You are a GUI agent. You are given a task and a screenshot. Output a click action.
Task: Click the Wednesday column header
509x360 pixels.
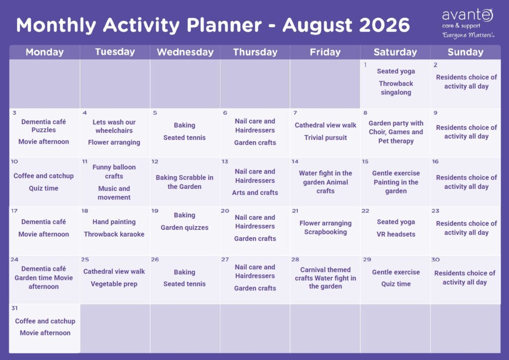185,52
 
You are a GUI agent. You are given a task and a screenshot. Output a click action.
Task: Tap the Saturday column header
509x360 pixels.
395,52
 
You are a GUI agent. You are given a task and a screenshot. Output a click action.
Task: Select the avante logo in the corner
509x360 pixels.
467,23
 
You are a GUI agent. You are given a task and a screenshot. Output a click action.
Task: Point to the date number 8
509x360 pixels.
365,113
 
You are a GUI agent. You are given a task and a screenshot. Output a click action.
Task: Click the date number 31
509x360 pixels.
14,308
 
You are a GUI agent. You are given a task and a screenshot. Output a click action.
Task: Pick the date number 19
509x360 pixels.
155,211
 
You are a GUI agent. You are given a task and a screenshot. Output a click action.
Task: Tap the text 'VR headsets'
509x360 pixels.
396,234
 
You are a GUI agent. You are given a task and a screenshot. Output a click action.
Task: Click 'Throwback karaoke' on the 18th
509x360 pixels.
114,234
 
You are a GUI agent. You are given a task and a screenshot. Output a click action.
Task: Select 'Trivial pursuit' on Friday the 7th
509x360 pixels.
325,138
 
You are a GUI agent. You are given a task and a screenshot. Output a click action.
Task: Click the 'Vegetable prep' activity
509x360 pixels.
114,284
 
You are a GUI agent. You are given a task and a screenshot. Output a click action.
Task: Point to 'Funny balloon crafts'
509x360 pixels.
114,172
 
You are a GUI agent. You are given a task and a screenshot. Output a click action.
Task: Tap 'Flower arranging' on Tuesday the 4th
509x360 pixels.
114,142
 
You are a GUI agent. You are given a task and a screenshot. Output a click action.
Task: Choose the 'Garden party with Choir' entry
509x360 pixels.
396,128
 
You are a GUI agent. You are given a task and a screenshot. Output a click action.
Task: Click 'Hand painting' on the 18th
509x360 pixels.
114,222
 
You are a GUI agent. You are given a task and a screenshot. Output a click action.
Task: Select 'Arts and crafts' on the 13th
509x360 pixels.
255,192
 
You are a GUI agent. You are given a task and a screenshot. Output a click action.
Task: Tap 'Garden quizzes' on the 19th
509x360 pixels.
184,228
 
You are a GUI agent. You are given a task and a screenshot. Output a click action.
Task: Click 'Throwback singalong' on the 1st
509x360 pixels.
396,88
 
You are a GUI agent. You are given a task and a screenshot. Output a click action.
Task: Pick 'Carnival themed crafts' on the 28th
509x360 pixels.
325,273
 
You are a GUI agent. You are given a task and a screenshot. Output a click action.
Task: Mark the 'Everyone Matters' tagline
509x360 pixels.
468,35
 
